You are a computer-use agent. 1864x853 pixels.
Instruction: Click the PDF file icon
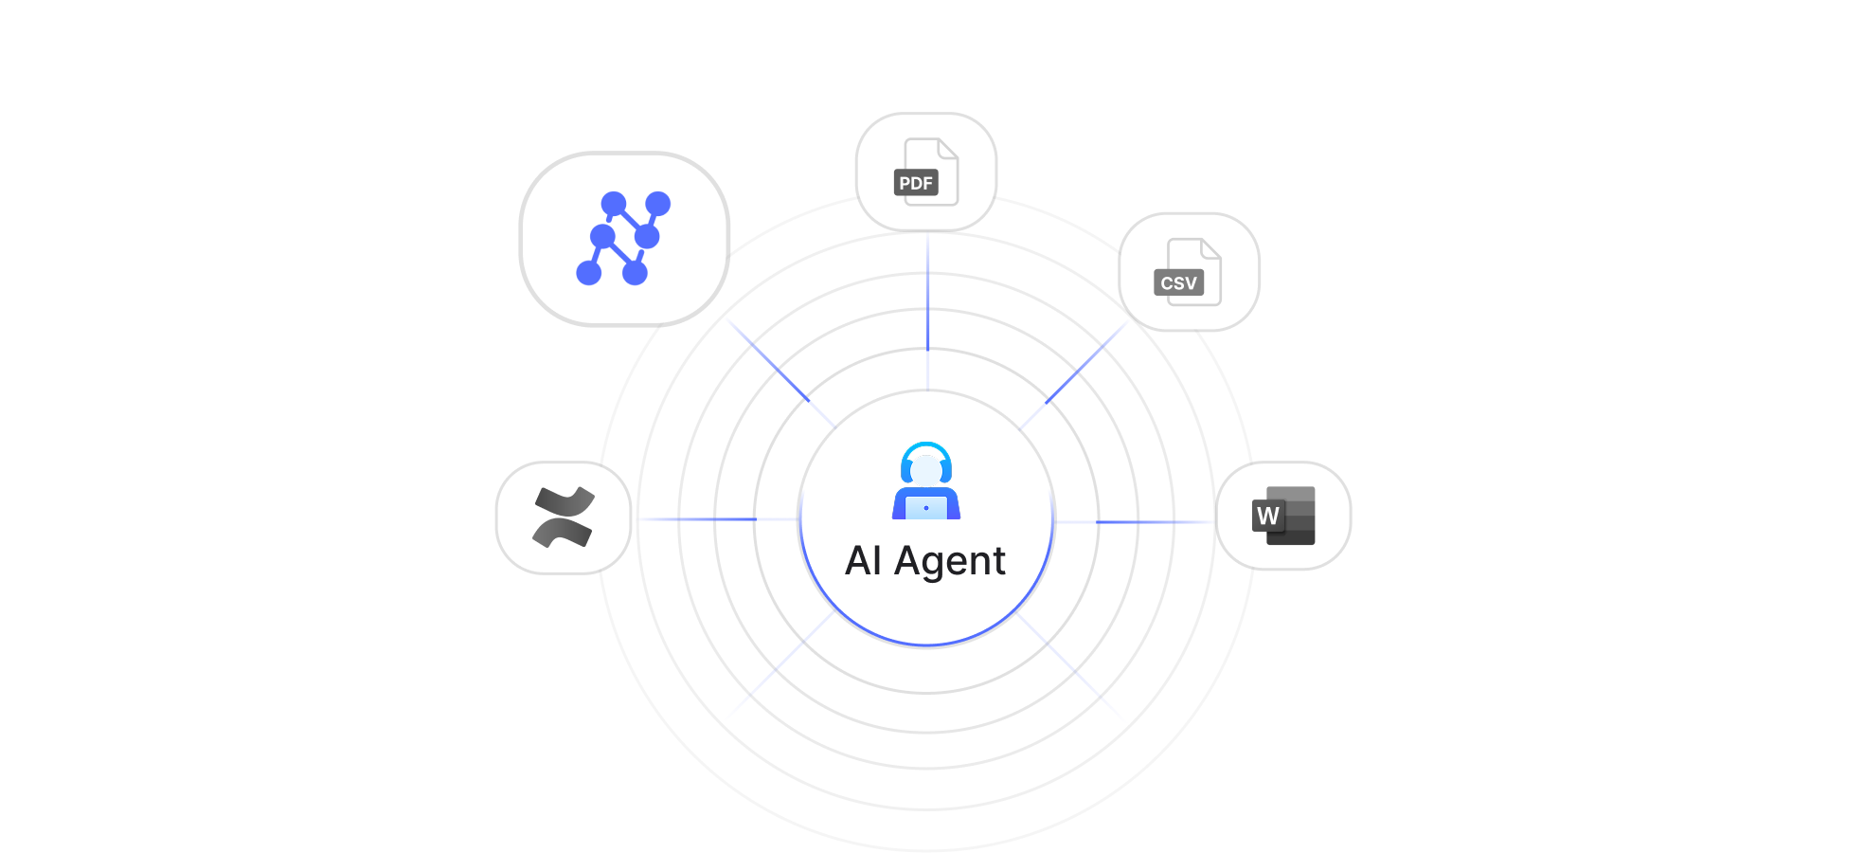point(926,172)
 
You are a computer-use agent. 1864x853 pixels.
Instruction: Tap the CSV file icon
point(1189,272)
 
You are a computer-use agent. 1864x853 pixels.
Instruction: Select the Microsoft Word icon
point(1283,516)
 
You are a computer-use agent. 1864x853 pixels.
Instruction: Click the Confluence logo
point(564,517)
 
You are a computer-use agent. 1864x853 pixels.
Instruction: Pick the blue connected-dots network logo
point(624,238)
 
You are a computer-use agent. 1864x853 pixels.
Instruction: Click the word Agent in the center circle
point(950,561)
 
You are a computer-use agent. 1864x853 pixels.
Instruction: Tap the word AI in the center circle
point(864,561)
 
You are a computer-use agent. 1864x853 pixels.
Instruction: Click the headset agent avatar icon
point(926,481)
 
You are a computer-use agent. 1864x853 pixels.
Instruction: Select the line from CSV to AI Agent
point(1075,374)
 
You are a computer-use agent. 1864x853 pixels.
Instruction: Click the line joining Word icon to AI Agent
point(1135,522)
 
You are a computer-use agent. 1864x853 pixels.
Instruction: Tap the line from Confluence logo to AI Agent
point(718,519)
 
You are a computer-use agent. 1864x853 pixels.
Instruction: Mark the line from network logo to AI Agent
point(780,372)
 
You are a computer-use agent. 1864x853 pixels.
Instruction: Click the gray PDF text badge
point(916,183)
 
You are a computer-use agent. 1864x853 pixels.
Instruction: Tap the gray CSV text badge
point(1178,283)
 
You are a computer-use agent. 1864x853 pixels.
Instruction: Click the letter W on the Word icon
point(1267,517)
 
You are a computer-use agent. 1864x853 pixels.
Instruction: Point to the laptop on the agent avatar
point(926,508)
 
